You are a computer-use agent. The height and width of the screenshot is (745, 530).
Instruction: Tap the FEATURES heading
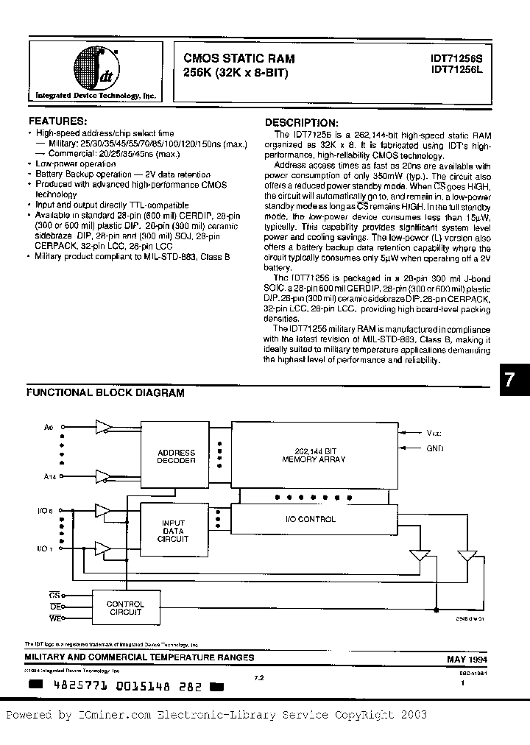point(57,120)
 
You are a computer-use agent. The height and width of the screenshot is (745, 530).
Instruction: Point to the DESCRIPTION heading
point(302,122)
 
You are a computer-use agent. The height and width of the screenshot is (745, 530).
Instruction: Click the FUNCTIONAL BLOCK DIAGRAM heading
point(105,393)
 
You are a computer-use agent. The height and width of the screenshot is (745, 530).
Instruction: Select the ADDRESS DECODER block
point(176,456)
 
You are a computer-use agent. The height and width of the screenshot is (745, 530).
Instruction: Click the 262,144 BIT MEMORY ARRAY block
point(309,454)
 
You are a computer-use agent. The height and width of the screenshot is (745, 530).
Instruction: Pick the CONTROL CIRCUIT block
point(126,608)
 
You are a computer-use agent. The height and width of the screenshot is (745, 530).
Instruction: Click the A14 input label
point(50,478)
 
